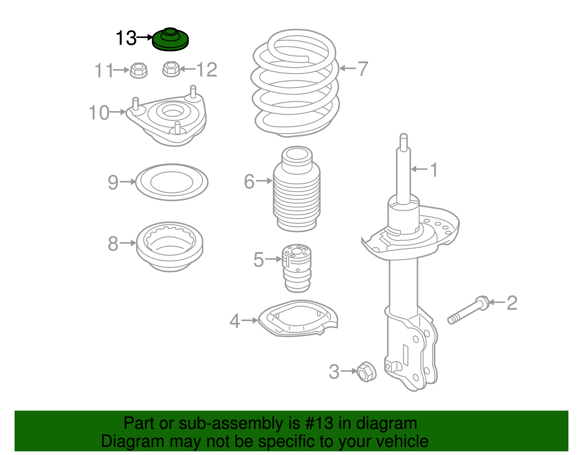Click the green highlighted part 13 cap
[170, 40]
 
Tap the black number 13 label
[126, 38]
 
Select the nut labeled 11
[138, 70]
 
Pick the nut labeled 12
[171, 69]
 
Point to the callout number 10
[99, 113]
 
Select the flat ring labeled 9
[172, 182]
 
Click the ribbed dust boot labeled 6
[297, 193]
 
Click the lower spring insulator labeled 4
[297, 319]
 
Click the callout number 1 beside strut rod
[433, 170]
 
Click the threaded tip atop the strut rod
[403, 141]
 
